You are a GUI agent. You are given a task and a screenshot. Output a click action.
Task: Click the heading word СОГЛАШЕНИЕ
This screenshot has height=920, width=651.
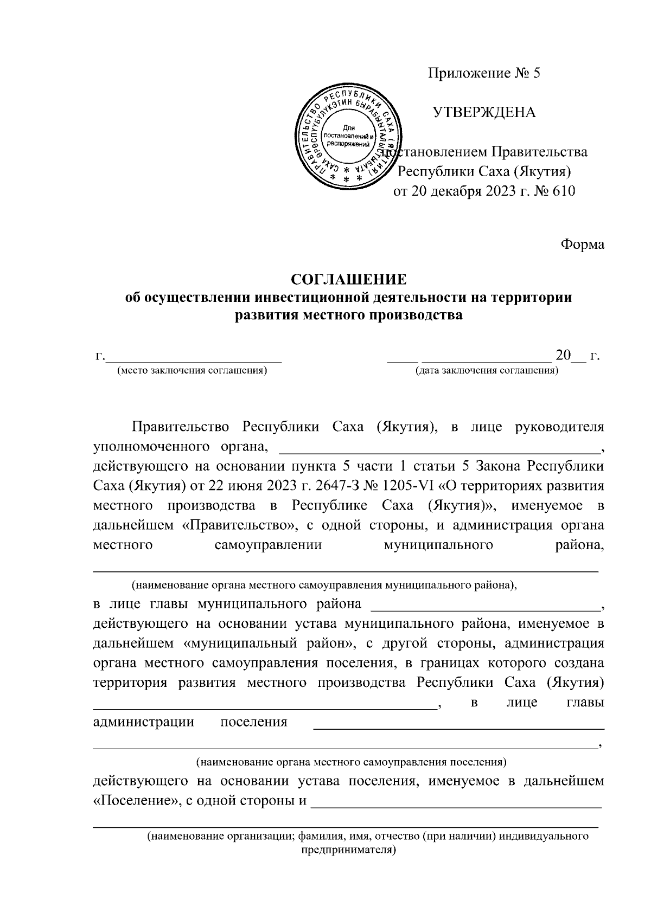click(348, 280)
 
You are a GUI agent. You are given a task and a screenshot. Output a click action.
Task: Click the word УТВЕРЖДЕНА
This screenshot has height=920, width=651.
click(484, 113)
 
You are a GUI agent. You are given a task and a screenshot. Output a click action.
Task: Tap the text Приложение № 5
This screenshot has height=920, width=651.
click(485, 74)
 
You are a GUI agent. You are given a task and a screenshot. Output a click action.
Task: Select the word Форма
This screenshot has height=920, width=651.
click(582, 245)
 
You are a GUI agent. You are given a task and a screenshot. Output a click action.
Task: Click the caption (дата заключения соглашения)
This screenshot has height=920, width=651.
click(487, 371)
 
